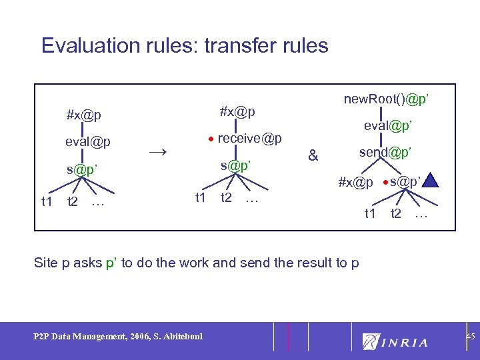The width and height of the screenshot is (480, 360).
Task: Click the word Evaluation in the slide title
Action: pos(87,45)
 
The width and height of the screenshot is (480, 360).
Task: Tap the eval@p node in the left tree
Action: pos(88,142)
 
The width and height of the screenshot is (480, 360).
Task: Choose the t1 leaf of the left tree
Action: pos(47,201)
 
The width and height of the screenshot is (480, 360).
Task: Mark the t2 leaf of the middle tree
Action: pos(226,197)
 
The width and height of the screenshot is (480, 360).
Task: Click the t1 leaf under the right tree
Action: pos(370,213)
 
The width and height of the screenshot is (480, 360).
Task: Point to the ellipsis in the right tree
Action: pos(421,215)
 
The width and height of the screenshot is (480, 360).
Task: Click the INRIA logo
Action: pos(395,342)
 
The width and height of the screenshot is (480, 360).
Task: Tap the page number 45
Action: pos(469,337)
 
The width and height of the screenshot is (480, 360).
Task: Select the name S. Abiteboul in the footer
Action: pos(175,336)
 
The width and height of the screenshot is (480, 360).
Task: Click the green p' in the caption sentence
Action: pos(111,263)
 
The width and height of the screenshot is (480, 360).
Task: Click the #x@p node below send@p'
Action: pos(355,181)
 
